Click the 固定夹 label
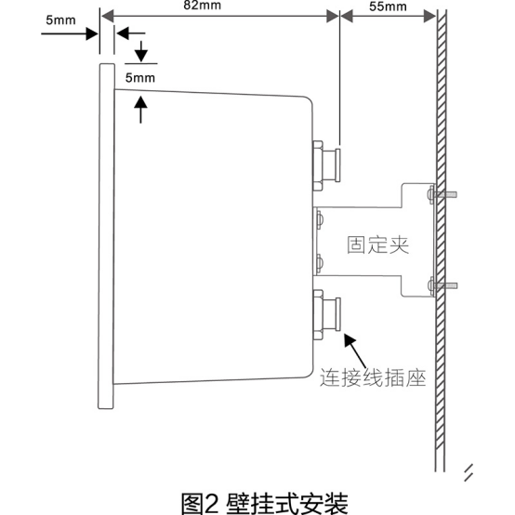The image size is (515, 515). point(377,245)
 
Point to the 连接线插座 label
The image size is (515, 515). point(372,379)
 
